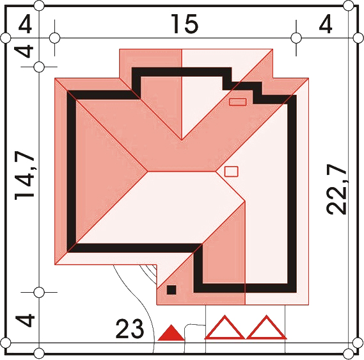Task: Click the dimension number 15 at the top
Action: coord(184,24)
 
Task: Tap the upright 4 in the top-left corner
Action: coord(25,24)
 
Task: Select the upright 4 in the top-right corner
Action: coord(325,24)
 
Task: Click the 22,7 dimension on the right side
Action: coord(336,189)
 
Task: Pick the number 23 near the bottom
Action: coord(130,329)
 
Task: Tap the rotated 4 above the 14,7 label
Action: coord(24,51)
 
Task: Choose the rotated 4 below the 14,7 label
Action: coord(25,320)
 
